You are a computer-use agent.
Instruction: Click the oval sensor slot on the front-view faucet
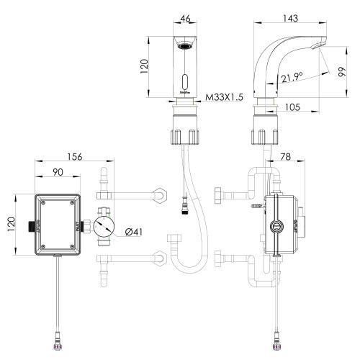click(186, 81)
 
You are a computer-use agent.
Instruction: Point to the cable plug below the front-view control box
click(56, 336)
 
